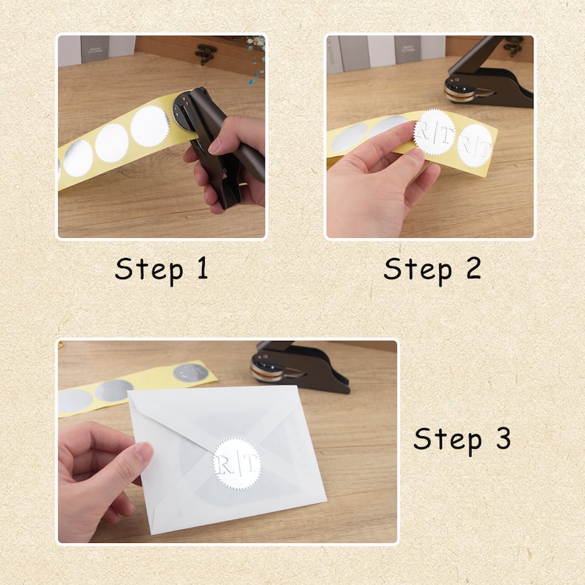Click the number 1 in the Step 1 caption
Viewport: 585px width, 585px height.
tap(203, 268)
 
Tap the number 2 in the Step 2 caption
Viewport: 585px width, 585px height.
tap(473, 268)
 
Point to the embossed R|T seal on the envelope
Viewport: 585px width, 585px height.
tap(238, 463)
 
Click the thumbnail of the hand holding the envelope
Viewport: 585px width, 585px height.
tap(143, 452)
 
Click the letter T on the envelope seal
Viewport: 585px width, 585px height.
tap(251, 463)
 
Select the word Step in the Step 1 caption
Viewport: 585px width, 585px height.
tap(149, 270)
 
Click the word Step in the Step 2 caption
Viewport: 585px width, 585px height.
tap(418, 270)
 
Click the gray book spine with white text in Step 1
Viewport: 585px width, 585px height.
tap(95, 50)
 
